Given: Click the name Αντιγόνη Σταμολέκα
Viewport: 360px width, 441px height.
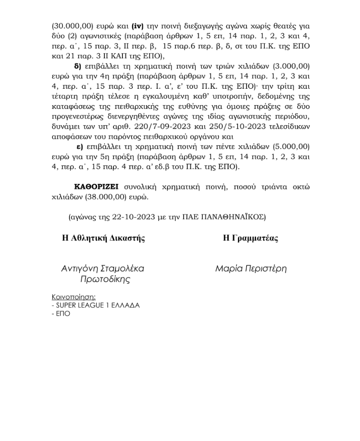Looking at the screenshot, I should coord(103,269).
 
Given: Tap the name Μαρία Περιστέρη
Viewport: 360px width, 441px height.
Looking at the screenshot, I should coord(251,269).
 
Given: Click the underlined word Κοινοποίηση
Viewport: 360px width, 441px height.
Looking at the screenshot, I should coord(73,297).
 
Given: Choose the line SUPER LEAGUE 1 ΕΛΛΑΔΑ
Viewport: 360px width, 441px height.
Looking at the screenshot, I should coord(96,305).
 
